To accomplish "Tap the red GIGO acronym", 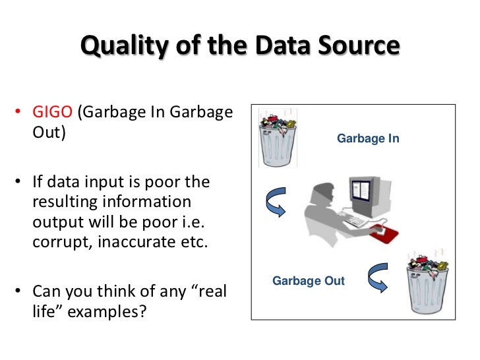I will tap(53, 111).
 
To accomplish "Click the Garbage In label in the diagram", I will tap(368, 139).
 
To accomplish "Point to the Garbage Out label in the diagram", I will tap(309, 281).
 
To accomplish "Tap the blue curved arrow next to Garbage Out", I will tap(376, 278).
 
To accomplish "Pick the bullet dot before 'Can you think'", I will tap(22, 291).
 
